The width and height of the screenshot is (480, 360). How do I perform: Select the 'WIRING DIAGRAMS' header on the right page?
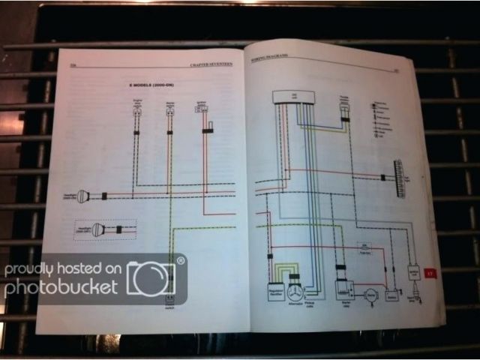point(269,61)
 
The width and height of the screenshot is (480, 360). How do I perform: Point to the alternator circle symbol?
point(295,292)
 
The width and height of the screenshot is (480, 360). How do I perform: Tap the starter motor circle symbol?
point(368,295)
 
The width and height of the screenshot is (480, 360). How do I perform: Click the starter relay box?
point(344,289)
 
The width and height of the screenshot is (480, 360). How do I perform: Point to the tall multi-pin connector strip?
point(397,178)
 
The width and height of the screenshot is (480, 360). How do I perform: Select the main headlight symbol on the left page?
point(83,196)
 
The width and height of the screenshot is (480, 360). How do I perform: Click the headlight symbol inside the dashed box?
point(98,230)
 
